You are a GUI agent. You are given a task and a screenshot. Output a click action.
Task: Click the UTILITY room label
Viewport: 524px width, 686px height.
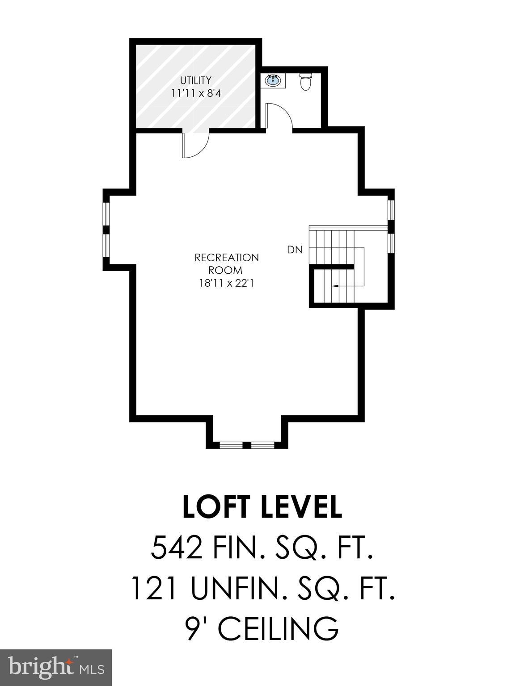(x=195, y=80)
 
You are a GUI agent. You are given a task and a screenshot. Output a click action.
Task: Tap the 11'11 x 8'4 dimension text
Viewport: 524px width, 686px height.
(x=195, y=93)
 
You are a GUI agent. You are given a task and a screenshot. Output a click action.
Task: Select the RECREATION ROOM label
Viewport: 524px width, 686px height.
(x=226, y=264)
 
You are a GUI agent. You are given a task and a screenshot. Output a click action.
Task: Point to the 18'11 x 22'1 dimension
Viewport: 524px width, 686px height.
(x=226, y=283)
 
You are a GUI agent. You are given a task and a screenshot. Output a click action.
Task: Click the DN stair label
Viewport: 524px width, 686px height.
(x=295, y=250)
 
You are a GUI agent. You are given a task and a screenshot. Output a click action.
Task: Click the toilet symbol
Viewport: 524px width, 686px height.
(x=306, y=82)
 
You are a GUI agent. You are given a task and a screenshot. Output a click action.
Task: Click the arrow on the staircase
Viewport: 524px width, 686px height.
(x=334, y=285)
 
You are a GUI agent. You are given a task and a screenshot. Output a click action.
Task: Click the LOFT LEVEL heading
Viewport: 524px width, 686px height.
(x=262, y=507)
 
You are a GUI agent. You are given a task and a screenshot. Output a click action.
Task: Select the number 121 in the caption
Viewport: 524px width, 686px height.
(x=153, y=588)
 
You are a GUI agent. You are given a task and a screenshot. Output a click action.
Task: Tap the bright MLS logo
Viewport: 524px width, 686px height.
(x=55, y=668)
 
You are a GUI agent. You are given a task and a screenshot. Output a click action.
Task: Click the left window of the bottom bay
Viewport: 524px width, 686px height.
(x=231, y=445)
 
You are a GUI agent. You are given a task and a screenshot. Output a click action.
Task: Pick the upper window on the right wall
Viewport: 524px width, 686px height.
(x=391, y=209)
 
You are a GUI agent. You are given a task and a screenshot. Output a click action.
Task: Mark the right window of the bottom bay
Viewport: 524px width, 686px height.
(x=262, y=445)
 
